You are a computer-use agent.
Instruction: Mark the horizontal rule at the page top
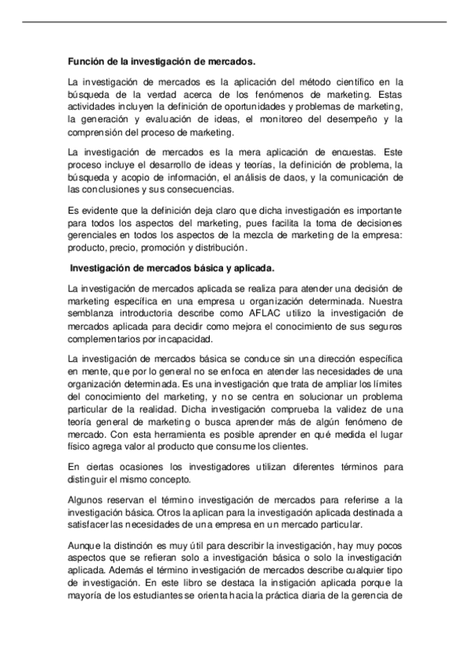click(x=234, y=21)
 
